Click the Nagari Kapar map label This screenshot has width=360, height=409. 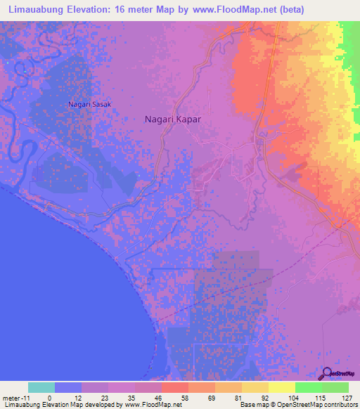point(173,119)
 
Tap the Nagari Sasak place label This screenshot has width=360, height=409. point(89,105)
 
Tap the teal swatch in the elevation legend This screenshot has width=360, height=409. point(41,387)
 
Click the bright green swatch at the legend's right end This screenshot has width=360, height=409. point(335,387)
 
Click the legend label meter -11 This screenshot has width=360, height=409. point(15,398)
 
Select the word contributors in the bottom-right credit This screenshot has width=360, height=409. point(340,405)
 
